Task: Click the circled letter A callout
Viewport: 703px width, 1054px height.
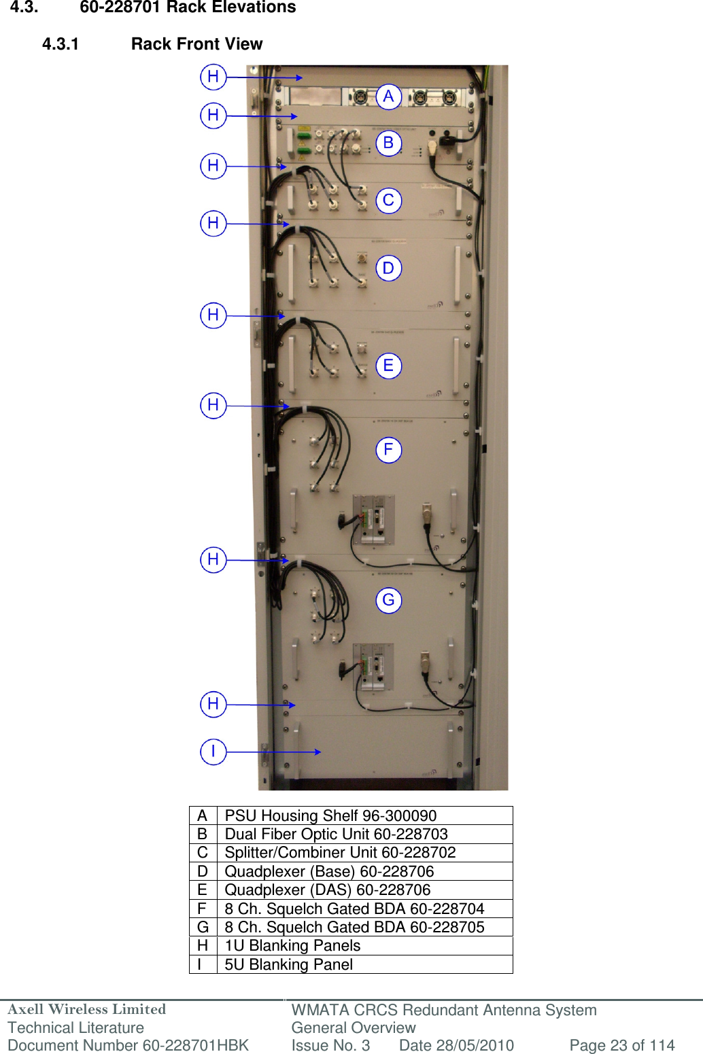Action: [388, 96]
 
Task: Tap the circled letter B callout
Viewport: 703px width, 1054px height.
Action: [388, 143]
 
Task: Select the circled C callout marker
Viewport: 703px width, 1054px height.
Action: [388, 200]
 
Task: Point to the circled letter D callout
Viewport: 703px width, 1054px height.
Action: [388, 268]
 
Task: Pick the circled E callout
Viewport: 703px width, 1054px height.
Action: [388, 366]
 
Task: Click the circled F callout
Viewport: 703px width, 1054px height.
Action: [388, 449]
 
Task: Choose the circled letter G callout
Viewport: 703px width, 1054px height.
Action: [388, 600]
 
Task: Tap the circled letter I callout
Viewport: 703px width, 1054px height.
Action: [213, 752]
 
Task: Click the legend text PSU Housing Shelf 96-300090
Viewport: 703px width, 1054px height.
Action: [330, 815]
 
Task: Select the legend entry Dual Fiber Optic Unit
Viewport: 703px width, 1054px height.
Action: [336, 834]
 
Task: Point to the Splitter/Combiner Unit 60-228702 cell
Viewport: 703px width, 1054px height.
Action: [340, 852]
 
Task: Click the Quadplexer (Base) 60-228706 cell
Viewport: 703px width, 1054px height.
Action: [329, 871]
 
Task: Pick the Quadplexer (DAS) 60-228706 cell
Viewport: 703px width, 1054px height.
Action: [327, 890]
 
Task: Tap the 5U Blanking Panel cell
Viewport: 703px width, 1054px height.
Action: [288, 964]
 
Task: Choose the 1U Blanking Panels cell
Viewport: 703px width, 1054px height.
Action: [292, 945]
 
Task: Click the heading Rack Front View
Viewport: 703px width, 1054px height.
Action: [196, 44]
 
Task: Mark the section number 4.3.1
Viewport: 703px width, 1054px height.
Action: [61, 44]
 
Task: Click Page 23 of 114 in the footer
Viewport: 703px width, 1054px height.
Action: [621, 1045]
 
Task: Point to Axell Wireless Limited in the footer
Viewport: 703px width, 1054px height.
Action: [87, 1009]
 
